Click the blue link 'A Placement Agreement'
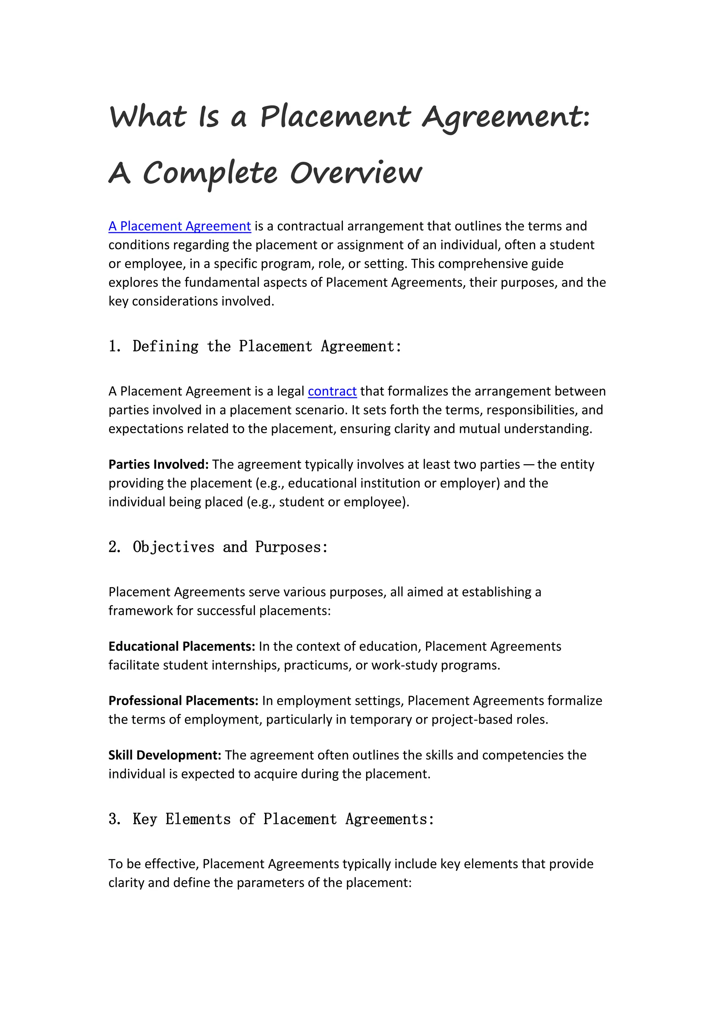(180, 226)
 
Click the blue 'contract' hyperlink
(332, 391)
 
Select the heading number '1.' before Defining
(114, 346)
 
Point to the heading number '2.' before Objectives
(114, 547)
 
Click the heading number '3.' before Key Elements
(114, 819)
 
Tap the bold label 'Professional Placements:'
(183, 701)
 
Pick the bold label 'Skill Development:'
(165, 755)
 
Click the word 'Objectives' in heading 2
(174, 547)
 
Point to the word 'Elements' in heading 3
(198, 819)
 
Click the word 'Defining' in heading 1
(166, 346)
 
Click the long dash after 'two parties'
(529, 465)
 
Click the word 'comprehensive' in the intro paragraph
(476, 264)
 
